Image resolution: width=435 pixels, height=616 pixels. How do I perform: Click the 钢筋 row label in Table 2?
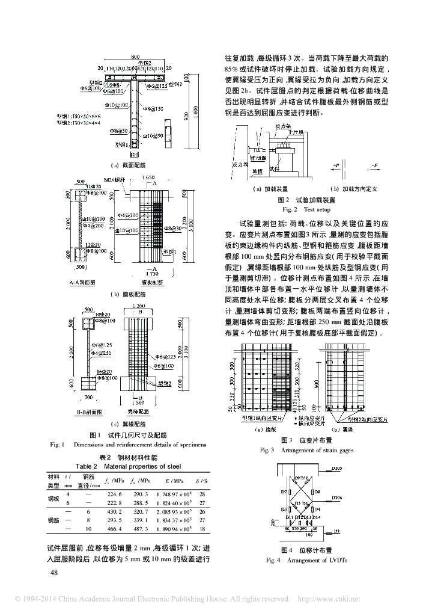54,520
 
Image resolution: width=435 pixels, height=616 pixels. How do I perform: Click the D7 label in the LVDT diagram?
284,491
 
